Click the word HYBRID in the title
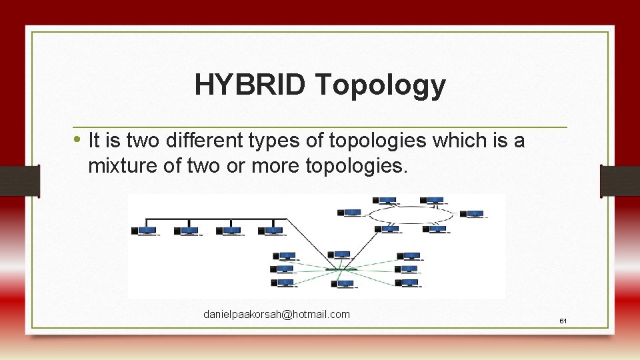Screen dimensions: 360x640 point(250,85)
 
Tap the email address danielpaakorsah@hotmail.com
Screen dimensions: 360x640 point(276,314)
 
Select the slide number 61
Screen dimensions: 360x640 point(563,321)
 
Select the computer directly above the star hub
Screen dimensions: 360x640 point(341,255)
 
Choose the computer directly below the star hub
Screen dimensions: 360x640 point(344,284)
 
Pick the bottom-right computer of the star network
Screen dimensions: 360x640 point(409,283)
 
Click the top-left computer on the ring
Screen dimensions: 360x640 point(385,200)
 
